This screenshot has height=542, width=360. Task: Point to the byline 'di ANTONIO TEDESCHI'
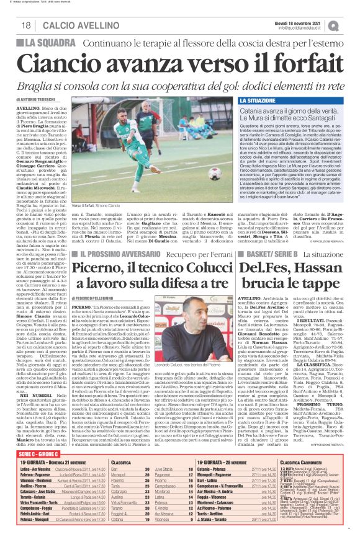(x=37, y=100)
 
